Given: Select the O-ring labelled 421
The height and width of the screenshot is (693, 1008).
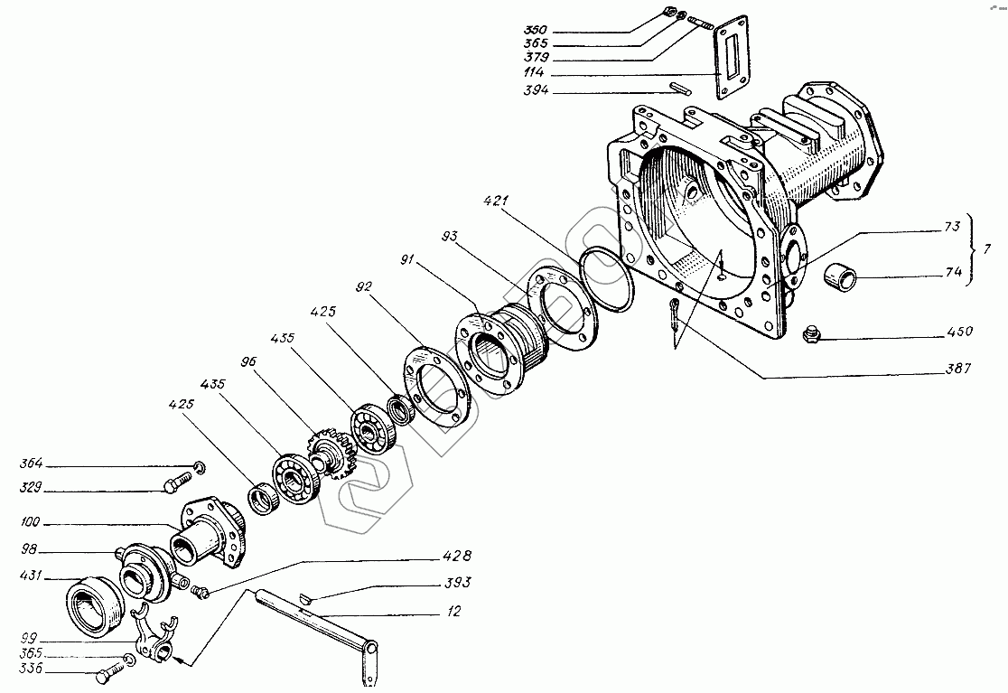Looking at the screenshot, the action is click(607, 281).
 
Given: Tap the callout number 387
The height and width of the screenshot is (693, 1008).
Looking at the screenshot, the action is click(959, 370).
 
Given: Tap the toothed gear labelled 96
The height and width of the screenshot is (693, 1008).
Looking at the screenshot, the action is click(335, 457).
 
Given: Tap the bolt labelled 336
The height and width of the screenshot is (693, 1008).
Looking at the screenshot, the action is click(109, 672).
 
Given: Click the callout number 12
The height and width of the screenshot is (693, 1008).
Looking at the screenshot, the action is click(453, 613).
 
